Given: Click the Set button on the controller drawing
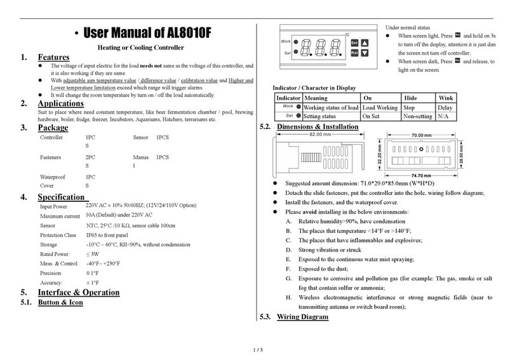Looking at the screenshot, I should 354,43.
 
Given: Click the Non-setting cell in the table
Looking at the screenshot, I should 419,117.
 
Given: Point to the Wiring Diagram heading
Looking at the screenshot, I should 303,317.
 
